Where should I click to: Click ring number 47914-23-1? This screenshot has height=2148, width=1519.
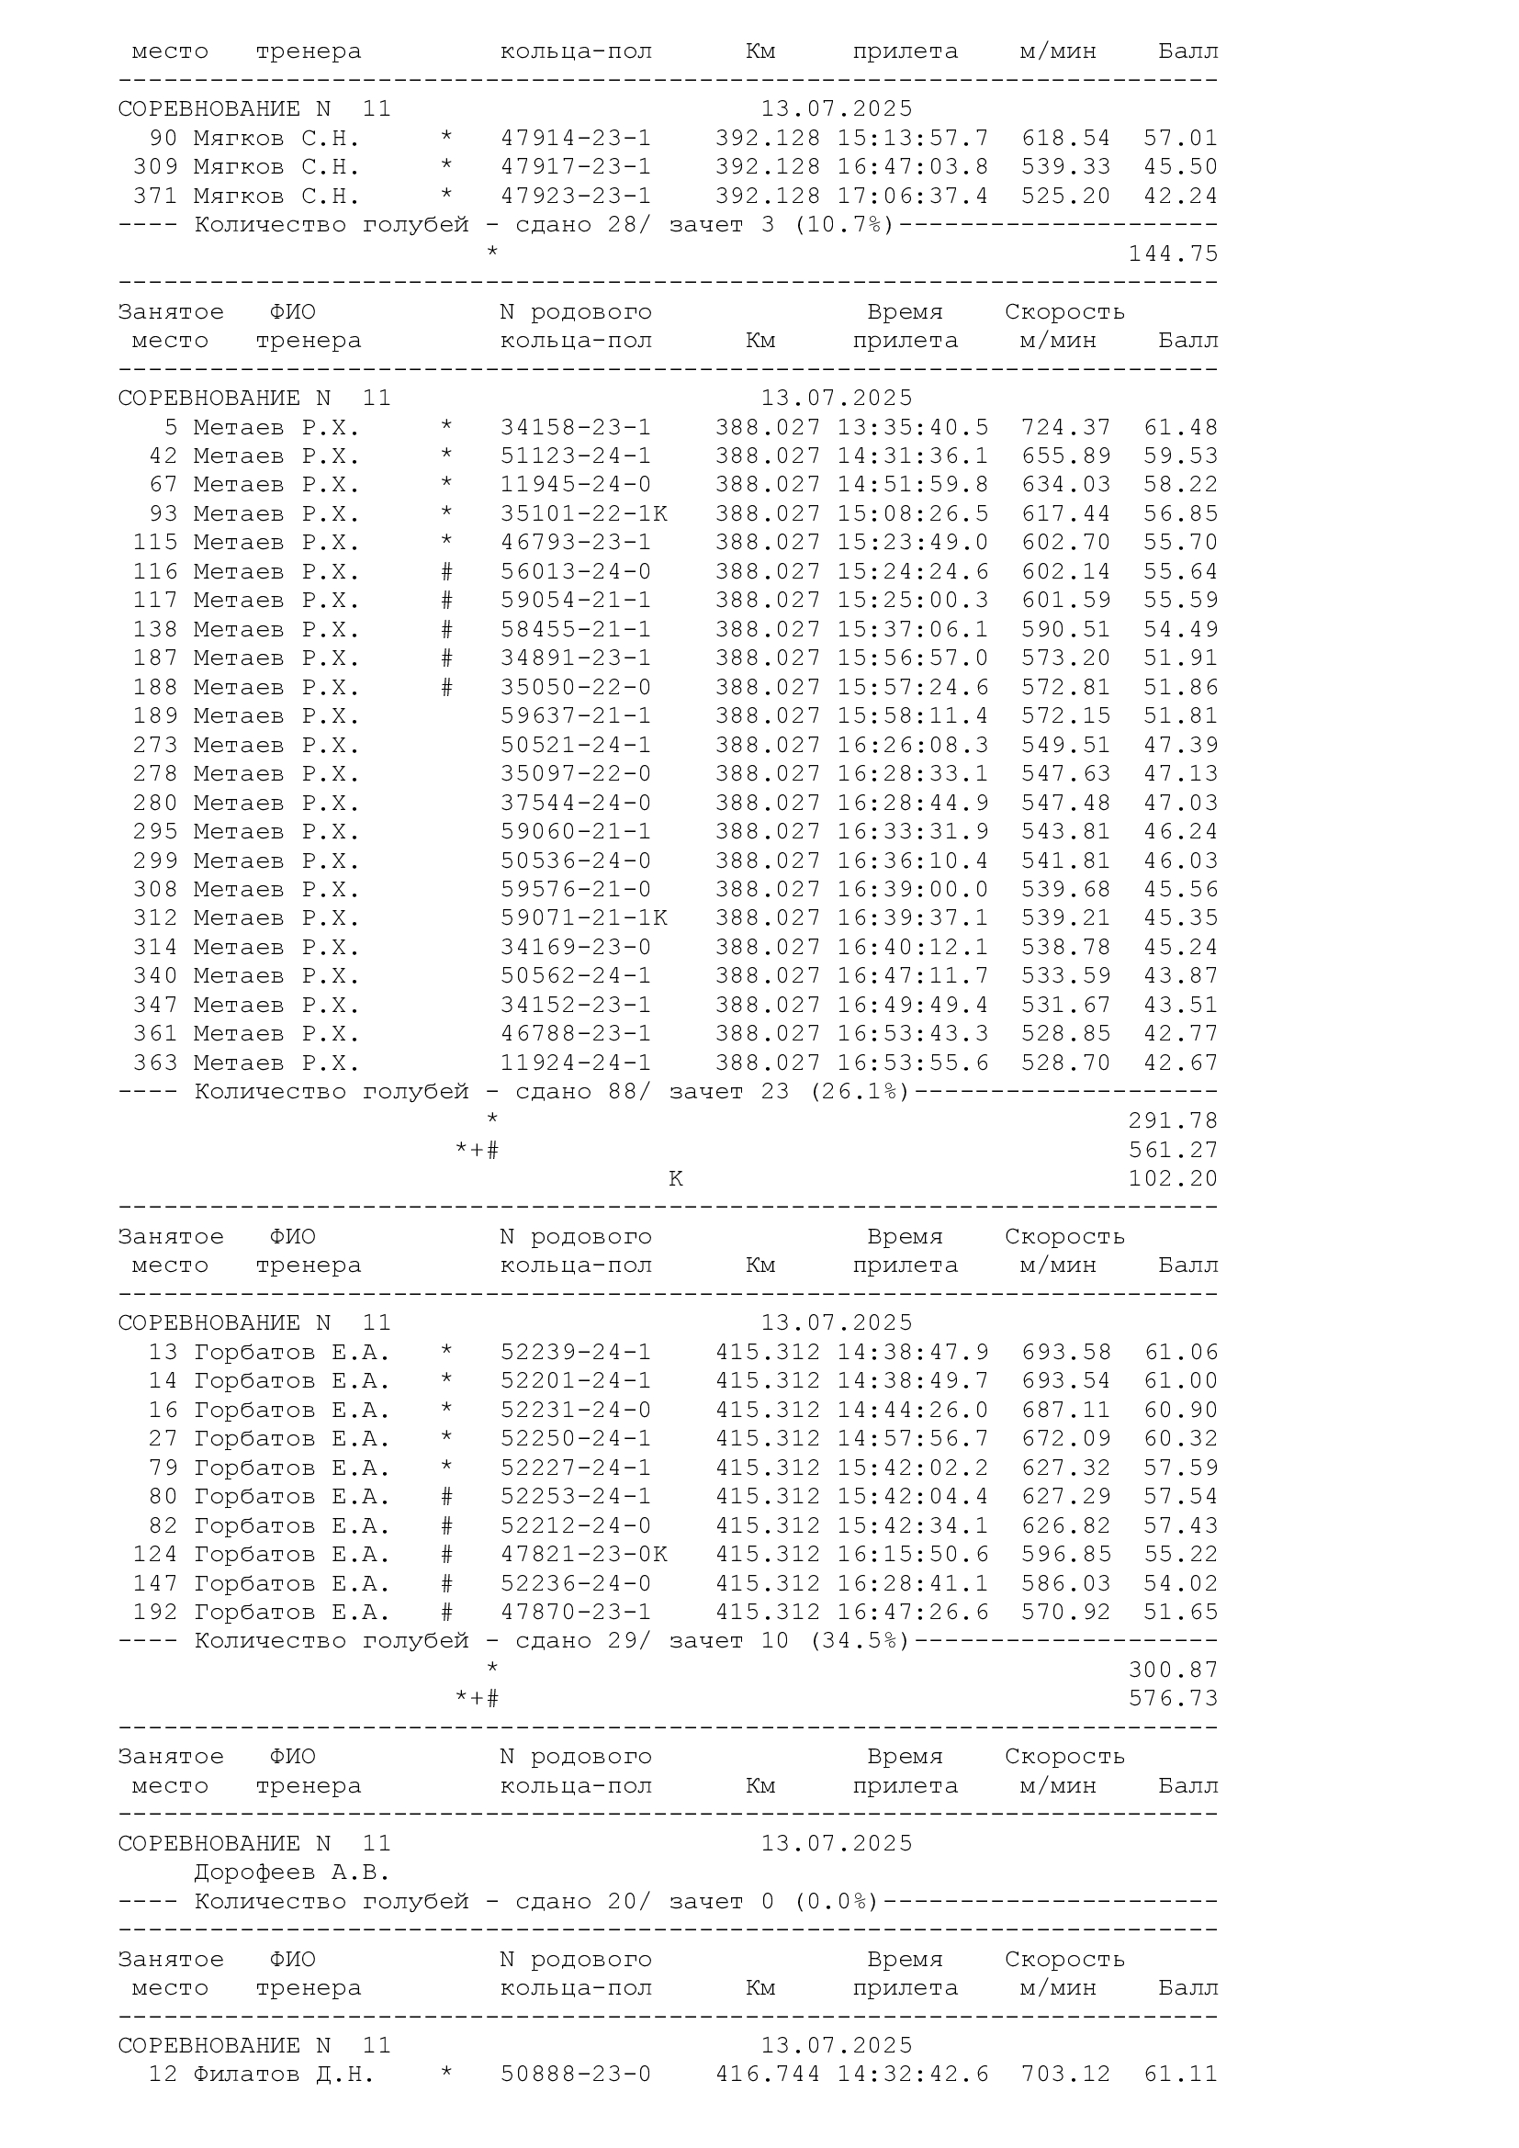coord(575,139)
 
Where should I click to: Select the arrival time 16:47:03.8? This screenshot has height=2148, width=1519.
coord(912,167)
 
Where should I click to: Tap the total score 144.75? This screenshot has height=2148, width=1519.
coord(1173,254)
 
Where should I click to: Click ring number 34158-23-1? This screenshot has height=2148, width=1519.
coord(575,428)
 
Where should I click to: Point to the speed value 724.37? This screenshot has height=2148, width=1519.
coord(1065,428)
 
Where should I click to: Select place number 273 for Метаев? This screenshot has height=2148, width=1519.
coord(155,746)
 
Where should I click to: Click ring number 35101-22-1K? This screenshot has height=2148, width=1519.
coord(584,514)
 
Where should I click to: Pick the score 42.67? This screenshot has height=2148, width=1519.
coord(1180,1063)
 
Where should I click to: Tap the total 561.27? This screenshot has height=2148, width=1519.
coord(1173,1151)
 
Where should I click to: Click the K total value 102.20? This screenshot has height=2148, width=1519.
coord(1173,1180)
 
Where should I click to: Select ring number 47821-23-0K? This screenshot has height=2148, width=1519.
coord(584,1555)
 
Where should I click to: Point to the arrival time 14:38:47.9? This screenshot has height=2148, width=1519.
coord(912,1353)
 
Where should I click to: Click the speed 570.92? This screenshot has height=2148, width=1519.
coord(1065,1613)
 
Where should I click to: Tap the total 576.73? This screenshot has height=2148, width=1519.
coord(1173,1699)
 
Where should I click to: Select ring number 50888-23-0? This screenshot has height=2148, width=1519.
coord(575,2075)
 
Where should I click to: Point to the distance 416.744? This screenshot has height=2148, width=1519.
coord(767,2075)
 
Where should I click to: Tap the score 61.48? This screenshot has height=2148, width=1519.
coord(1180,428)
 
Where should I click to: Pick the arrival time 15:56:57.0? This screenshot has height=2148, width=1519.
coord(912,658)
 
